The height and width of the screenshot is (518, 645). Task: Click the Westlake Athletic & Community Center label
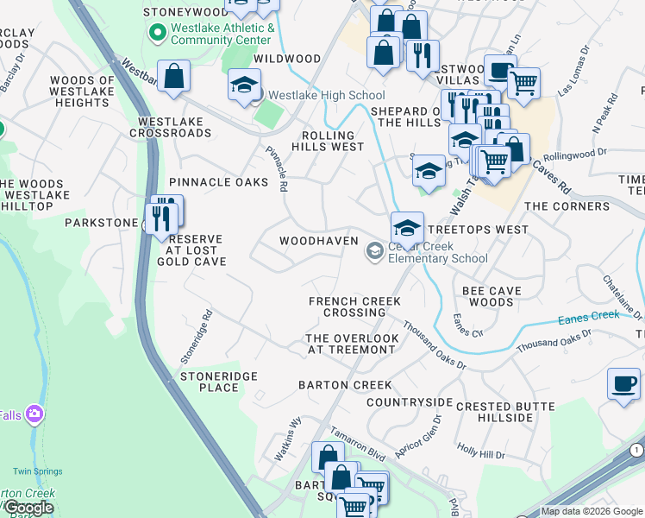[x=222, y=34]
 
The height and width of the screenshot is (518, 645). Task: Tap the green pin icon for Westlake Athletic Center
[x=157, y=34]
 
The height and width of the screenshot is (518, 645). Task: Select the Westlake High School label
[x=326, y=95]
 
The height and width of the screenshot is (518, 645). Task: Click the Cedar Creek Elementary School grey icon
[x=374, y=251]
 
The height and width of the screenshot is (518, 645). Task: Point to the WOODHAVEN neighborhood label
[x=318, y=241]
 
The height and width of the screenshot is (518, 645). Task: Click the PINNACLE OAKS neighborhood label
[x=219, y=182]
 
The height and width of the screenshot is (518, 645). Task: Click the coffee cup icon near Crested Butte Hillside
[x=623, y=383]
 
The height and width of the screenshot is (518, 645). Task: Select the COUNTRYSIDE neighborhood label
[x=409, y=402]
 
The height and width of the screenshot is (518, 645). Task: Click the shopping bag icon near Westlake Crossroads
[x=173, y=76]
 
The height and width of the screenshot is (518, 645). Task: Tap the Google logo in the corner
[x=29, y=508]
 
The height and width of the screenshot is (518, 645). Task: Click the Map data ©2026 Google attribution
[x=592, y=511]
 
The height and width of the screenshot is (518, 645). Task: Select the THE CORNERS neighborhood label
[x=567, y=206]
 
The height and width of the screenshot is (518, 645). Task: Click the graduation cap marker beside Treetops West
[x=407, y=228]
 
